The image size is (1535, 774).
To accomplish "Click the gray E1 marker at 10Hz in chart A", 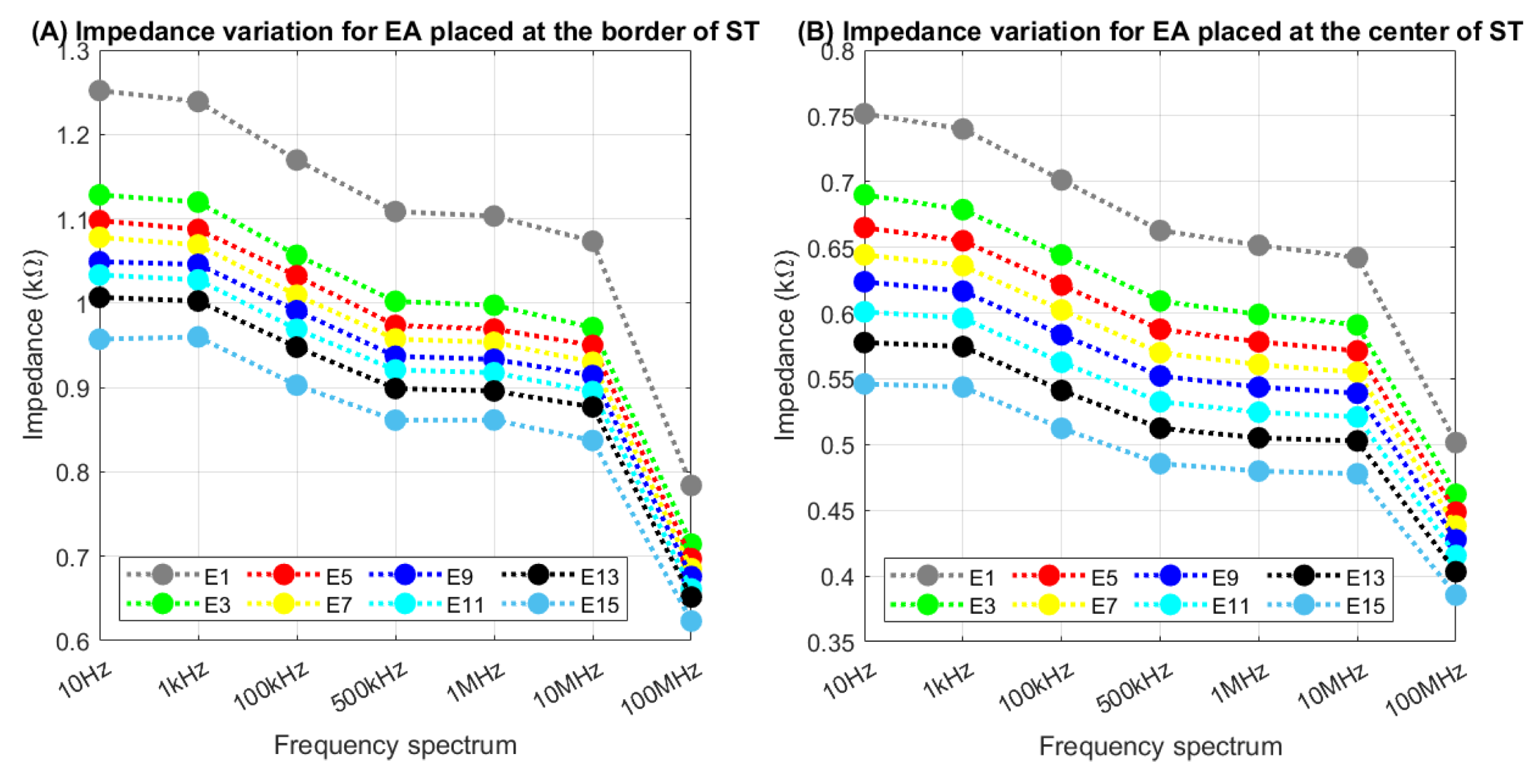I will pos(100,91).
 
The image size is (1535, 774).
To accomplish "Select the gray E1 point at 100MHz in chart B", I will pos(1455,443).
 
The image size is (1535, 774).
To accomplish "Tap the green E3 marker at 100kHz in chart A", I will pos(297,255).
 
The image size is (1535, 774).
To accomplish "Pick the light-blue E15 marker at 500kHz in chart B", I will pos(1160,464).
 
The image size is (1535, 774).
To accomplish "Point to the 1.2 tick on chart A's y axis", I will pos(74,135).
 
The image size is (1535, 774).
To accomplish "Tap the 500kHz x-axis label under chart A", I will pos(369,687).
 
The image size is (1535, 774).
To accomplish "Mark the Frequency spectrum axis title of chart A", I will pos(395,745).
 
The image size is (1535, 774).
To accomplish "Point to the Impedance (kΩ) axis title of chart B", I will pos(786,346).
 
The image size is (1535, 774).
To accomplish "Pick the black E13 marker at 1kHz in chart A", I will pos(198,302).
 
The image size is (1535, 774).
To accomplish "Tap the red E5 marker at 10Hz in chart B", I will pos(864,228).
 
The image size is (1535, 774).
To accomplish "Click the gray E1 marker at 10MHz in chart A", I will pos(592,241).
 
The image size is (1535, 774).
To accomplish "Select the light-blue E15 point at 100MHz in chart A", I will pos(691,621).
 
